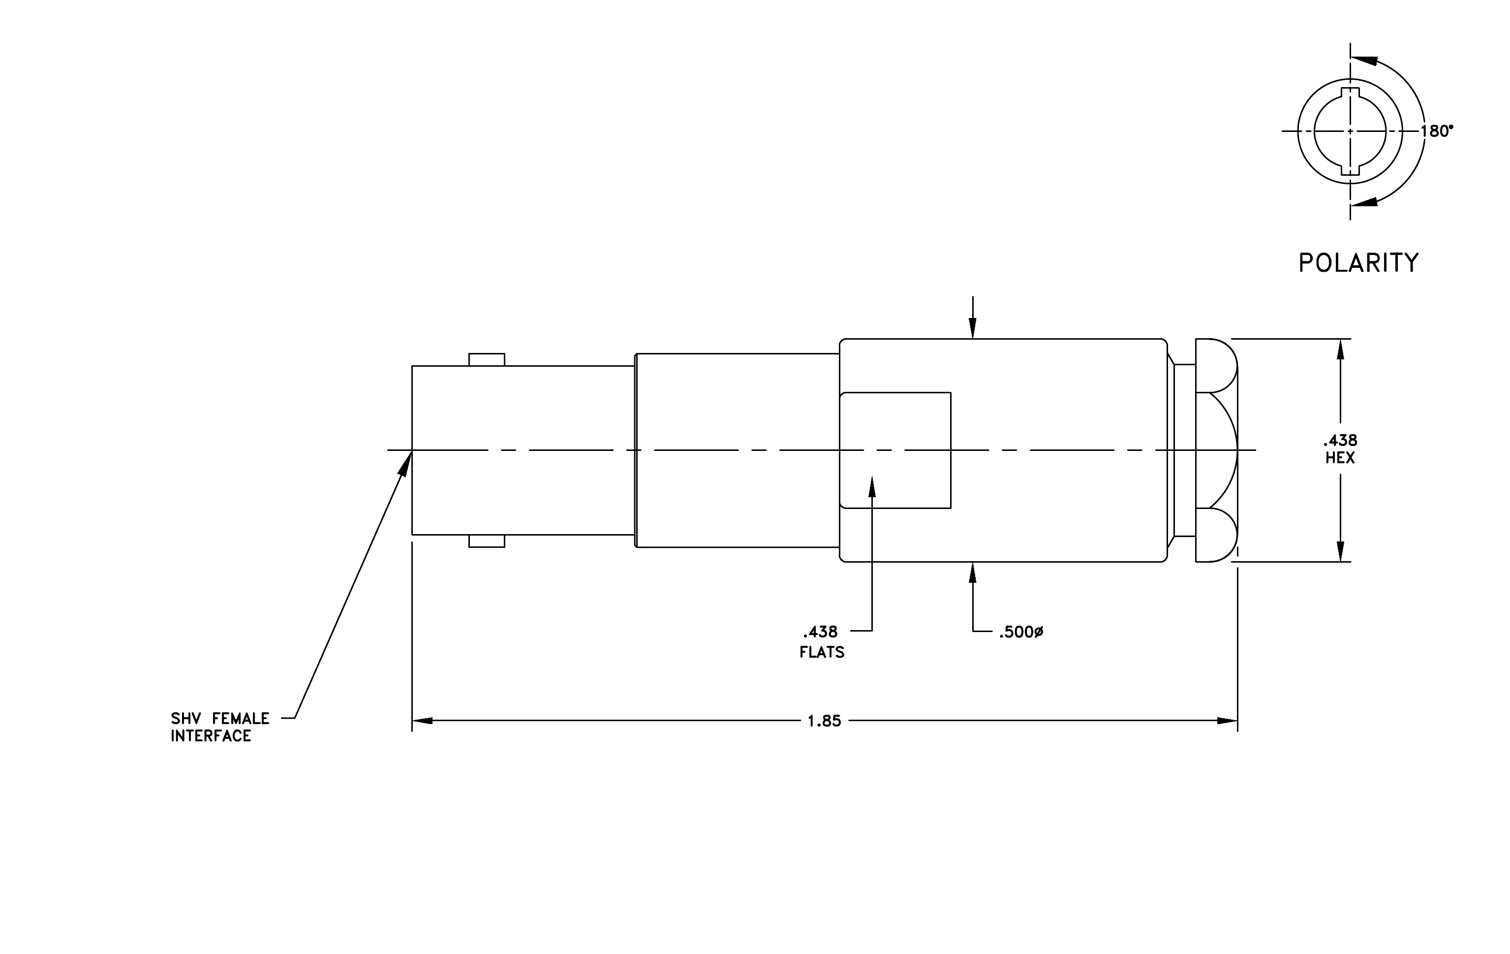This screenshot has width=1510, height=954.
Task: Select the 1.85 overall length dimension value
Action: pyautogui.click(x=824, y=721)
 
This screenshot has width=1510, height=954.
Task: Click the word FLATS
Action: pyautogui.click(x=822, y=652)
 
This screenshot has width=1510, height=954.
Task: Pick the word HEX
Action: pyautogui.click(x=1340, y=458)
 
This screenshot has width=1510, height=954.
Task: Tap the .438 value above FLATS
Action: pyautogui.click(x=820, y=632)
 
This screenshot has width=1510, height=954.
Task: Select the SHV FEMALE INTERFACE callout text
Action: pyautogui.click(x=220, y=727)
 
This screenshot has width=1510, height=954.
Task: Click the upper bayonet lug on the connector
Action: pyautogui.click(x=487, y=359)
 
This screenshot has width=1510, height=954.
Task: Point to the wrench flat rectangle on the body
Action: pyautogui.click(x=895, y=450)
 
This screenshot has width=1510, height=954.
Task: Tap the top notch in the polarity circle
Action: pyautogui.click(x=1350, y=94)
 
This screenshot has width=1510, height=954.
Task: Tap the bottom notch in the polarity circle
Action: pyautogui.click(x=1350, y=169)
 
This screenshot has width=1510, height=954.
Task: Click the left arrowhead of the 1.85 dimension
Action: pyautogui.click(x=422, y=721)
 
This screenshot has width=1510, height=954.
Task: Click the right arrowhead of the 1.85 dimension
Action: pyautogui.click(x=1227, y=721)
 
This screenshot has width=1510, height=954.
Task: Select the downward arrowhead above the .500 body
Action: pyautogui.click(x=973, y=328)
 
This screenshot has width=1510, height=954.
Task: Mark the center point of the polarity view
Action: pyautogui.click(x=1350, y=131)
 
